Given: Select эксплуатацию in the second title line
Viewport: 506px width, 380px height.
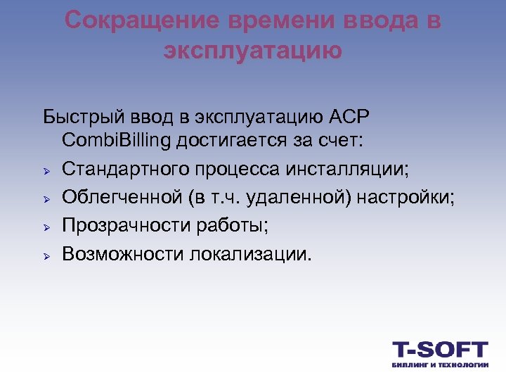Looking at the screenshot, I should (x=253, y=51).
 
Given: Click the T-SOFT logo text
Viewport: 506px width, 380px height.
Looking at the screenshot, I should (x=439, y=350).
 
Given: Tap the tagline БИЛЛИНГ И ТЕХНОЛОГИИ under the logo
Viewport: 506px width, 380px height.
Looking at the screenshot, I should (x=439, y=365).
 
